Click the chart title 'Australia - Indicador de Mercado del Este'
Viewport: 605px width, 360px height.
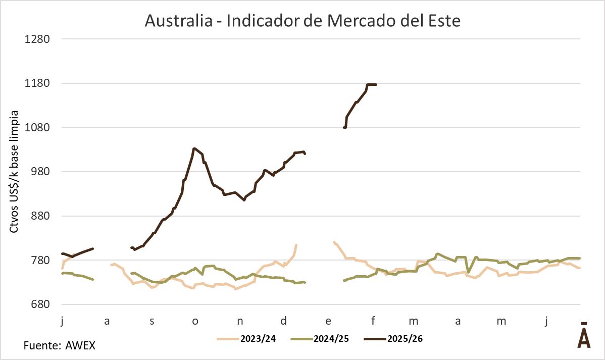302,21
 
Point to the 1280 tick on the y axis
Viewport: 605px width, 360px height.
37,39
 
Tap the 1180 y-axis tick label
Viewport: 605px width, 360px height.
37,83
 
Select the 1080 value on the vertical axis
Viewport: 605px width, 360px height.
37,127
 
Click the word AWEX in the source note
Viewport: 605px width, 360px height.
80,346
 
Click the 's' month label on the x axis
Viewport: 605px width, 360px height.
152,321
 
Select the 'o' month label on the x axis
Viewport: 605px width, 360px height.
195,321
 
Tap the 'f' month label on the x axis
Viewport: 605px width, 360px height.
373,321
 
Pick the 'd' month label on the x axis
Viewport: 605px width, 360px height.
284,321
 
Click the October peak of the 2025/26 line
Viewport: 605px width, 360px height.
194,148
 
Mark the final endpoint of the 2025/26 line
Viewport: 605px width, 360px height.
376,84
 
